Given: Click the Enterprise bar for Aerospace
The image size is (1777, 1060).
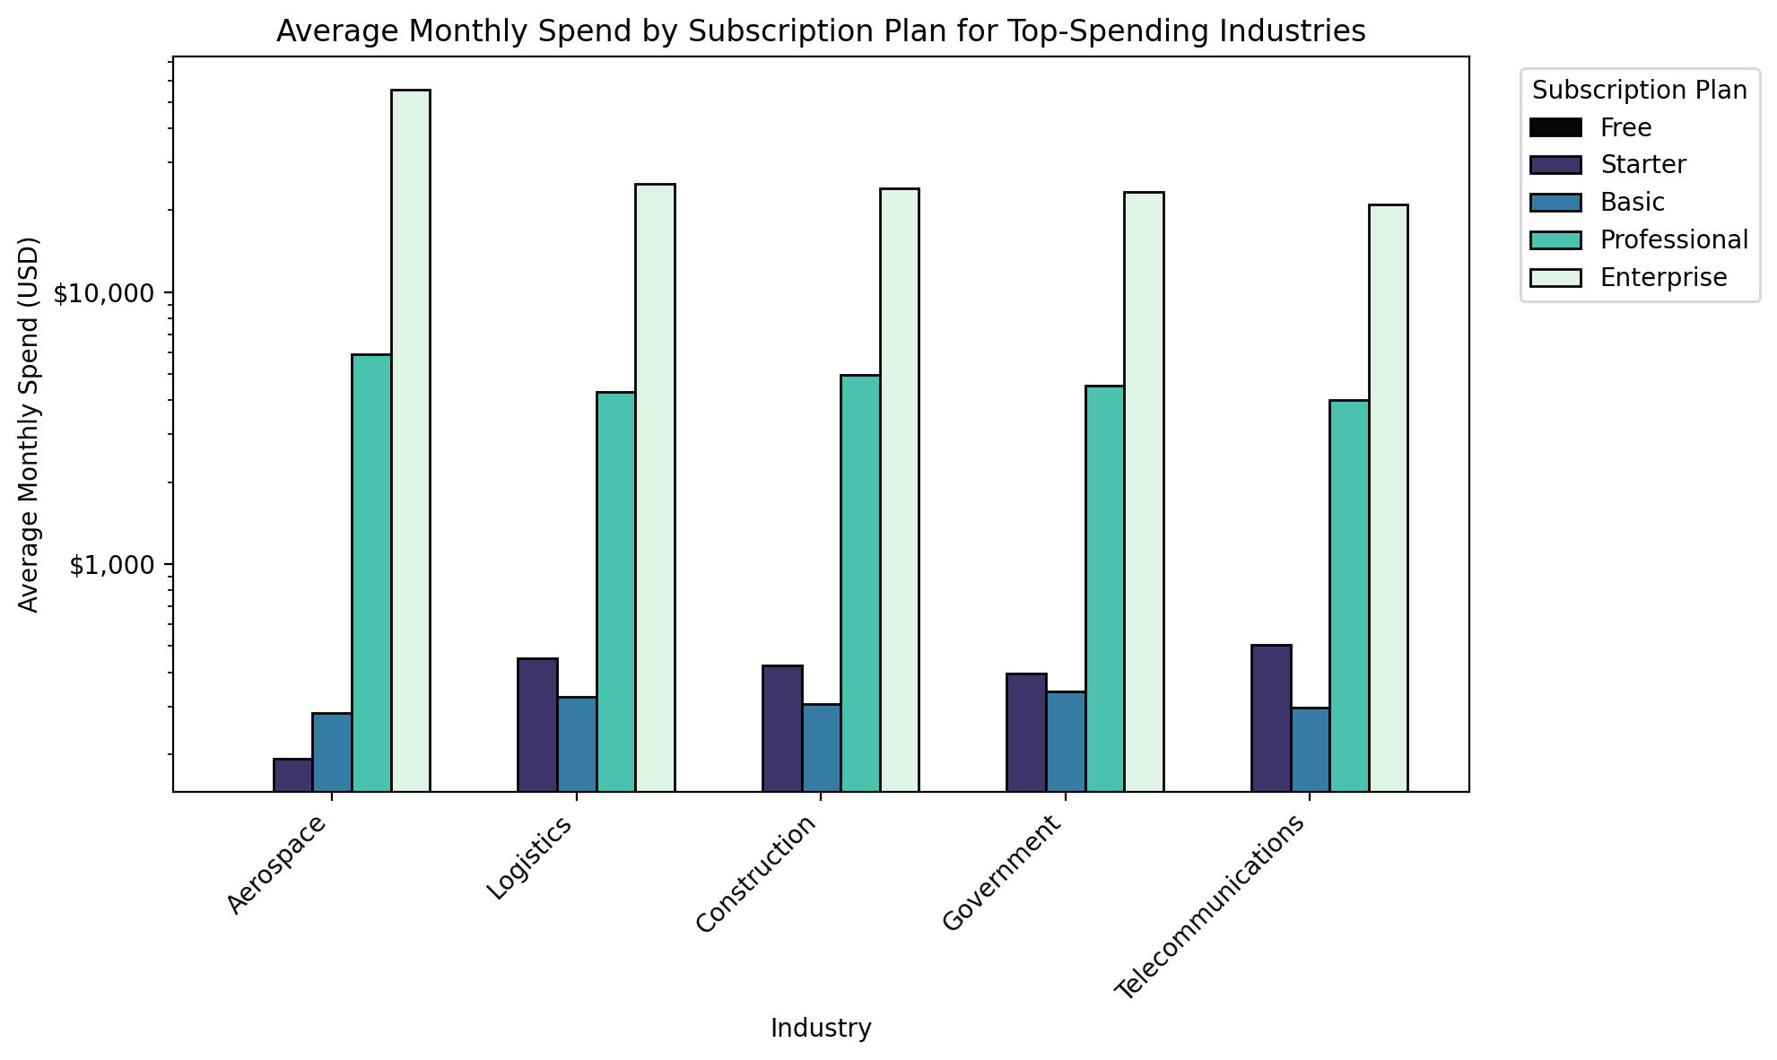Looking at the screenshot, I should [411, 440].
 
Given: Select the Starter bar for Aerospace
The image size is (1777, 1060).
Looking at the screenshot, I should [293, 775].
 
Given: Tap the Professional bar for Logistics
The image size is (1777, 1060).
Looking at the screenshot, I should [616, 592].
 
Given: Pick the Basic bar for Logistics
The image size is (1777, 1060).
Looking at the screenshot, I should [577, 744].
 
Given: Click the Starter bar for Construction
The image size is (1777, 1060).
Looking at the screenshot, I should [782, 728].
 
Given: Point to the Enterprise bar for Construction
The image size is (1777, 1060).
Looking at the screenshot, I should [900, 490].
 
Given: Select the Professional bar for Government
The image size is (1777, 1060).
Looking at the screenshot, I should [1104, 588].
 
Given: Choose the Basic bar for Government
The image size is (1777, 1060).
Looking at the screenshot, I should [1066, 742].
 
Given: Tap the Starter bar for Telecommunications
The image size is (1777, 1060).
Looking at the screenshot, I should [1271, 717].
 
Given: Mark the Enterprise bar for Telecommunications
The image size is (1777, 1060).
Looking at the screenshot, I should [1389, 498].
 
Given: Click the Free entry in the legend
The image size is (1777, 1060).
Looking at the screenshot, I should [1625, 127].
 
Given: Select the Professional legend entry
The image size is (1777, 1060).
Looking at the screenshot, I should [1674, 239].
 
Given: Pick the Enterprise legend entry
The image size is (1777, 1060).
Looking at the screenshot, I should [1663, 277].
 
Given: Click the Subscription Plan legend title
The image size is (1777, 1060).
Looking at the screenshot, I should [1640, 91].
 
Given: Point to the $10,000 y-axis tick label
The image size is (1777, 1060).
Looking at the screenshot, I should [106, 294].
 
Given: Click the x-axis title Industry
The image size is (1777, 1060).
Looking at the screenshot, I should [821, 1029].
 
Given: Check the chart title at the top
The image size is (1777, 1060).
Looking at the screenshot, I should [821, 31].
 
